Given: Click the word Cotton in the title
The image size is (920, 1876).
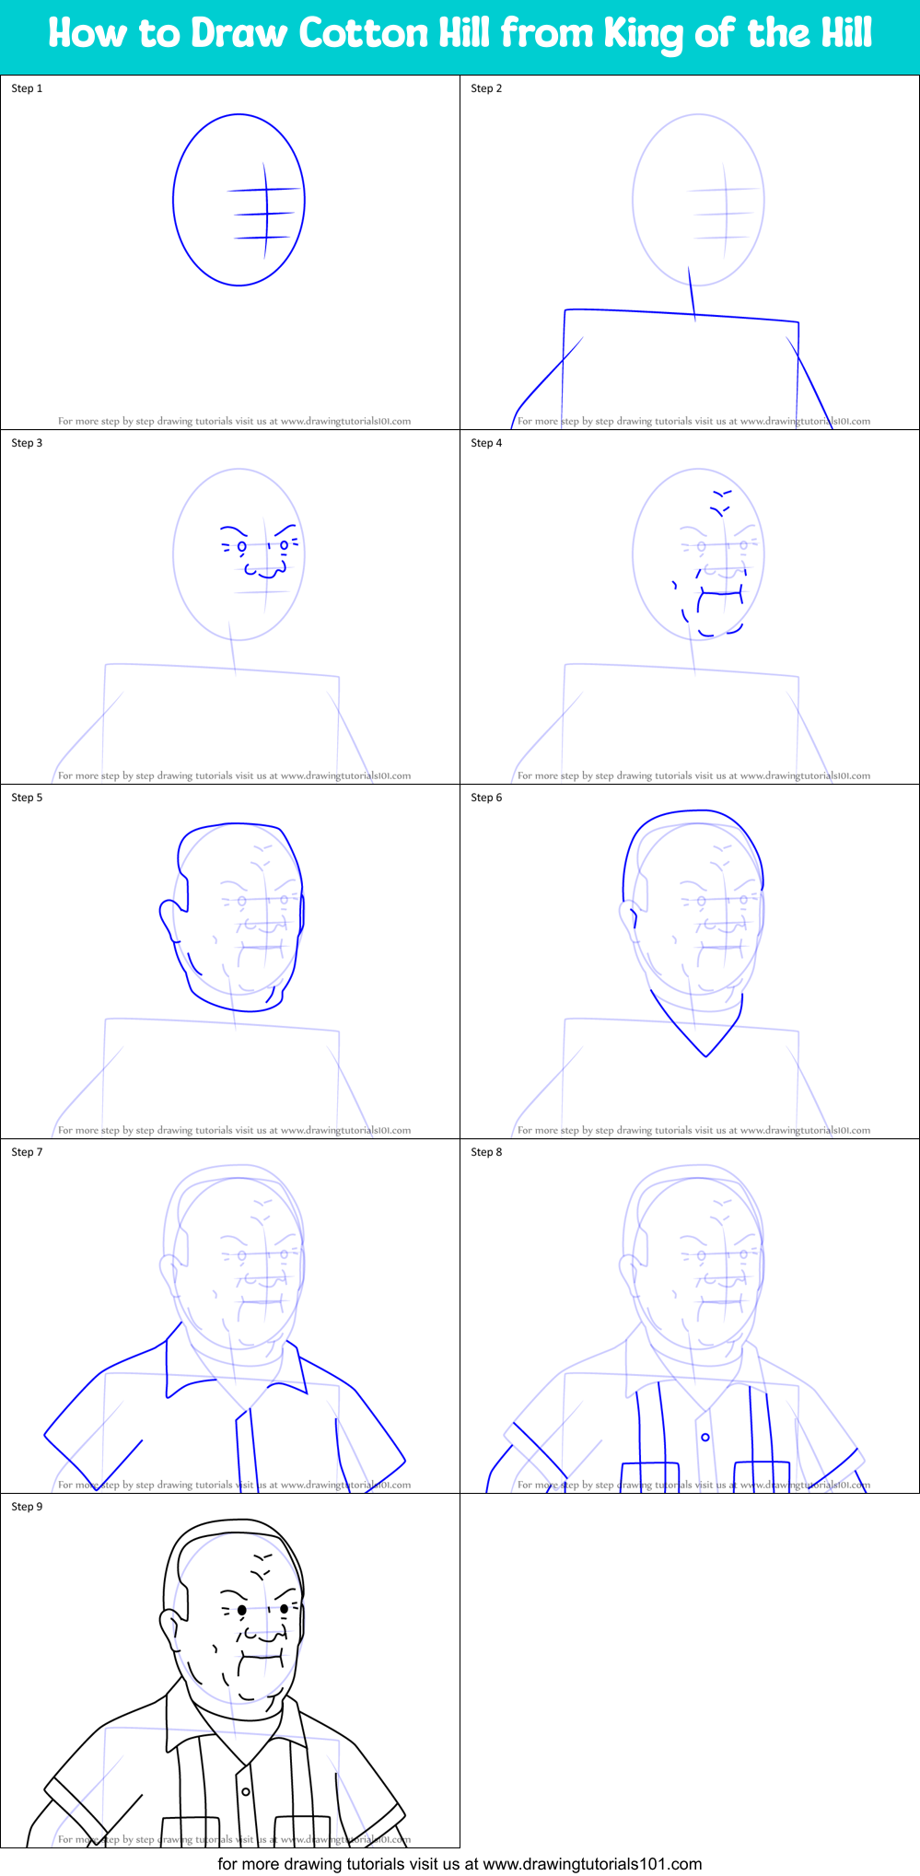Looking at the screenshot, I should [x=364, y=34].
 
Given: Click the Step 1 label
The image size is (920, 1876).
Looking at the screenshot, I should [x=27, y=88].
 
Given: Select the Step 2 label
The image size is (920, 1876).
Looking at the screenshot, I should [x=486, y=88].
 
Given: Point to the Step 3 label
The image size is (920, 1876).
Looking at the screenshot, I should [x=27, y=443].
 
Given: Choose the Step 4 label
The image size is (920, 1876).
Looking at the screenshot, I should [x=486, y=443].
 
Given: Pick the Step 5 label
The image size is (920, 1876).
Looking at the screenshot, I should [x=27, y=798].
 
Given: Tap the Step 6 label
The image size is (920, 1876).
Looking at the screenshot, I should [x=486, y=798].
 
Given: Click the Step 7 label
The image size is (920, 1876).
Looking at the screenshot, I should [x=27, y=1152].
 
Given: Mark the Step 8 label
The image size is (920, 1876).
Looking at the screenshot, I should [x=486, y=1152].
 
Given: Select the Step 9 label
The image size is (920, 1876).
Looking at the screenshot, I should [x=27, y=1507].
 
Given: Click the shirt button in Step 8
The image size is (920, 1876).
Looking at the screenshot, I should [x=705, y=1437].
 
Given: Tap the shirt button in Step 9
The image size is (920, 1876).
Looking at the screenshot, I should [x=246, y=1791].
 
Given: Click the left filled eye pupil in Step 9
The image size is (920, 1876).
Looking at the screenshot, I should [x=242, y=1610].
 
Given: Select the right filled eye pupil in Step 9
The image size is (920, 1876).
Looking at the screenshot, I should [x=284, y=1608].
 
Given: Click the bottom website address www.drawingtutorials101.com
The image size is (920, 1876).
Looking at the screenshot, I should [x=592, y=1864].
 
